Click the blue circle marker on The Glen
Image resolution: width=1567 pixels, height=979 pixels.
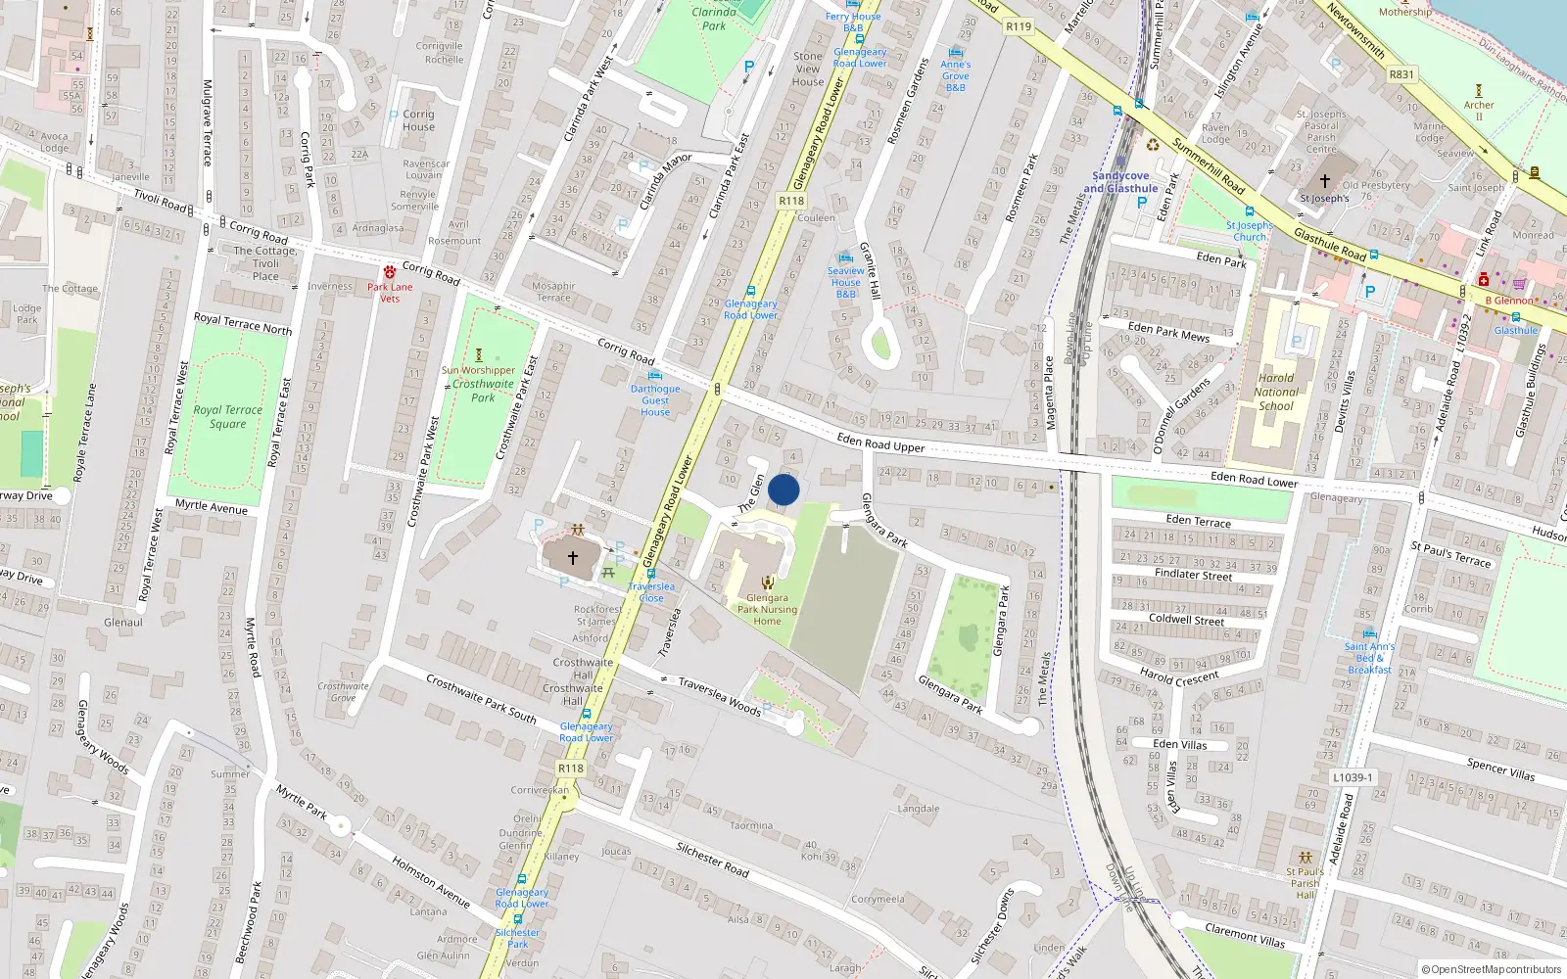click(x=783, y=489)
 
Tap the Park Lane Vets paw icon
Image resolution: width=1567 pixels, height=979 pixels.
click(x=390, y=271)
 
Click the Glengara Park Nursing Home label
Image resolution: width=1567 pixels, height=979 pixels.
click(x=767, y=609)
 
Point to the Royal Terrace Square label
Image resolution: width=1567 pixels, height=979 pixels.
click(x=227, y=417)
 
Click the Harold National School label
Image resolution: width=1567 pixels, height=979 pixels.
click(x=1275, y=392)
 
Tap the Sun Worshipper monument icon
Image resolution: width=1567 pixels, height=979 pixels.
click(x=479, y=355)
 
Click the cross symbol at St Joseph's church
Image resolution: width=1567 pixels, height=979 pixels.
click(x=1324, y=181)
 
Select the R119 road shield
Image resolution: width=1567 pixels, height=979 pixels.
click(x=1019, y=26)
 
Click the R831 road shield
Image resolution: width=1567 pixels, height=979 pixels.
click(x=1401, y=73)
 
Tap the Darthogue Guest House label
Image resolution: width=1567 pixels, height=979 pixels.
click(x=655, y=400)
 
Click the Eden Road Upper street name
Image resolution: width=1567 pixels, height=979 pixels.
click(x=880, y=443)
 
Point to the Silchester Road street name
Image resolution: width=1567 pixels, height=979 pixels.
click(x=712, y=860)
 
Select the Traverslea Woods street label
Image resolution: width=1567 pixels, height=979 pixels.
click(x=719, y=697)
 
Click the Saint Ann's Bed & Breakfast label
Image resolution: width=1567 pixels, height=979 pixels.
click(x=1369, y=658)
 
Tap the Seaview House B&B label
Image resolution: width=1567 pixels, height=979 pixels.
click(x=845, y=282)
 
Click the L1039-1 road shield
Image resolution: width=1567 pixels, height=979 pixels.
click(x=1353, y=777)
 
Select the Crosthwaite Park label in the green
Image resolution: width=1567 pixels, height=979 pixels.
click(x=483, y=391)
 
